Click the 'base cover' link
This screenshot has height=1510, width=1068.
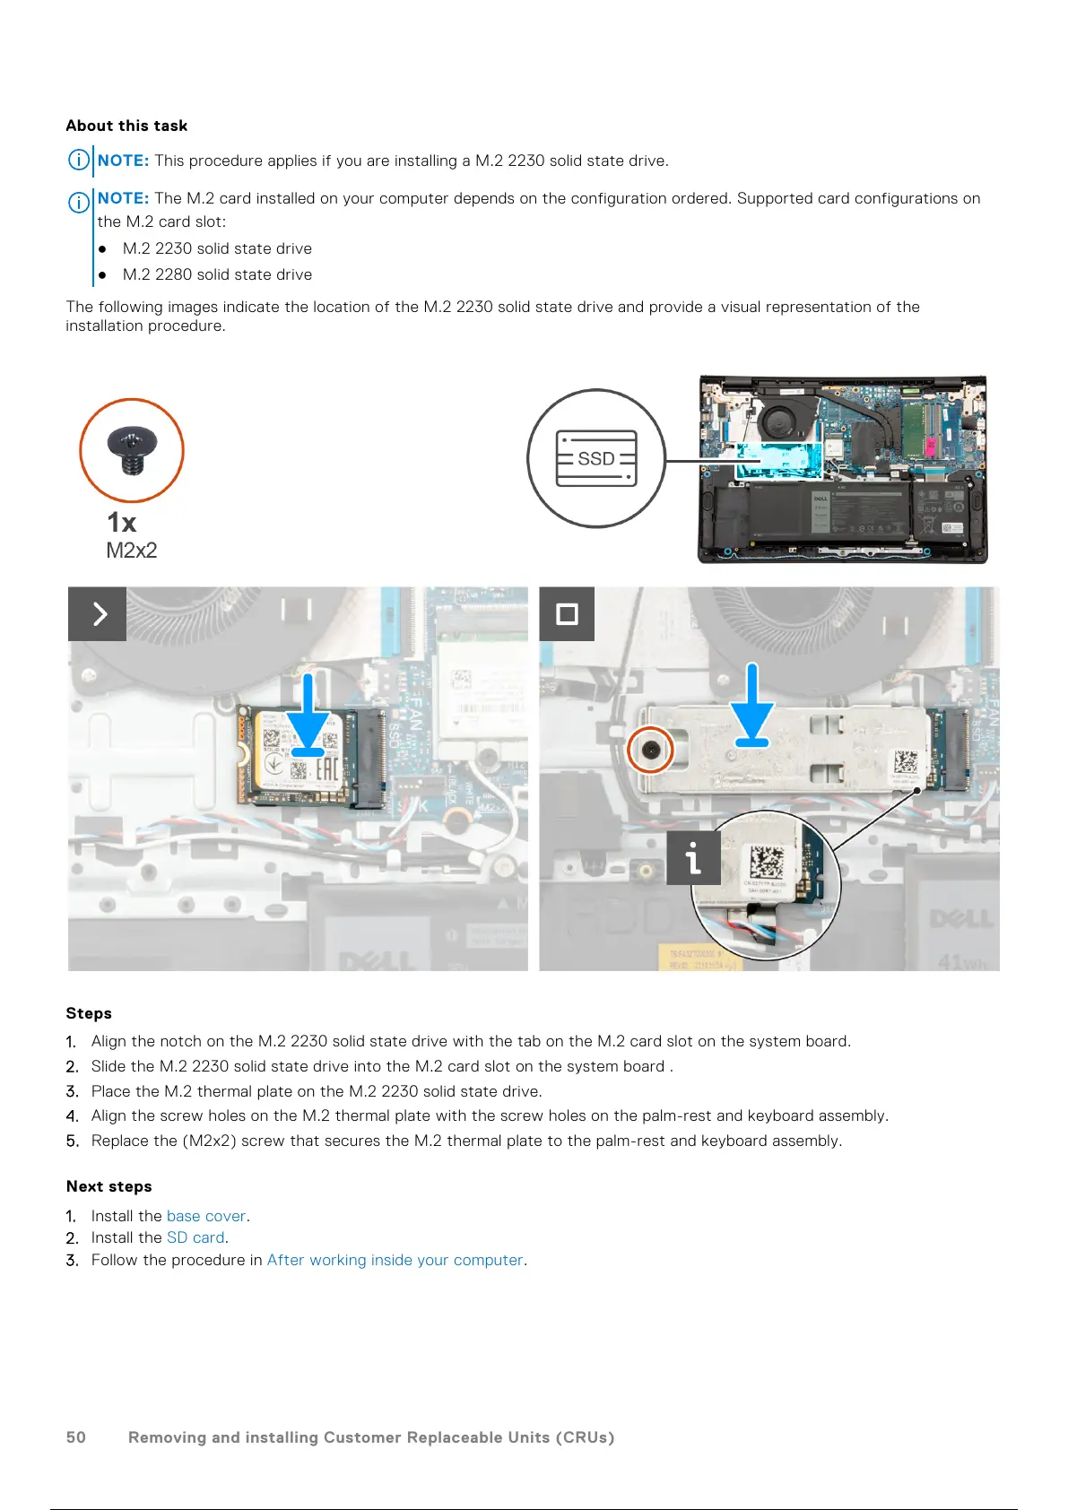[206, 1216]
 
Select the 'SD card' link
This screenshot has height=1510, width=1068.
[195, 1237]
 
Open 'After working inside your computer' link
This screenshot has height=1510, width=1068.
[395, 1260]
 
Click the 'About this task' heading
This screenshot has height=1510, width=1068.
[126, 126]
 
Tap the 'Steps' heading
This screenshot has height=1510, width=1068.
[89, 1013]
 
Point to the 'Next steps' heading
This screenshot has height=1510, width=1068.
[109, 1186]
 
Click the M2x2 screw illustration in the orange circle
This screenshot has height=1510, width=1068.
[132, 450]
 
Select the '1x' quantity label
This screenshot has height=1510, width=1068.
[122, 522]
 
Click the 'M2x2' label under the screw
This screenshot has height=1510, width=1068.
[132, 551]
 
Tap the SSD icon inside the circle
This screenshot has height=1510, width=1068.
[596, 458]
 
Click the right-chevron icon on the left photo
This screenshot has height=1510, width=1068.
[98, 614]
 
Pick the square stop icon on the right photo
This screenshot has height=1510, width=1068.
[567, 614]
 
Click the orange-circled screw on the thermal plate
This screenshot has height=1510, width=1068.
[650, 750]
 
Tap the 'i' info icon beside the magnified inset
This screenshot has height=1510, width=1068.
[693, 858]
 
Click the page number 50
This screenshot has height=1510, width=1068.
[76, 1437]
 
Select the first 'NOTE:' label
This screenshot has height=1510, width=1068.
[123, 161]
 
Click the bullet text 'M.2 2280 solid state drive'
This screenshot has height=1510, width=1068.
[217, 274]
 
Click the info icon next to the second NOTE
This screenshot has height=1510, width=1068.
[79, 202]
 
